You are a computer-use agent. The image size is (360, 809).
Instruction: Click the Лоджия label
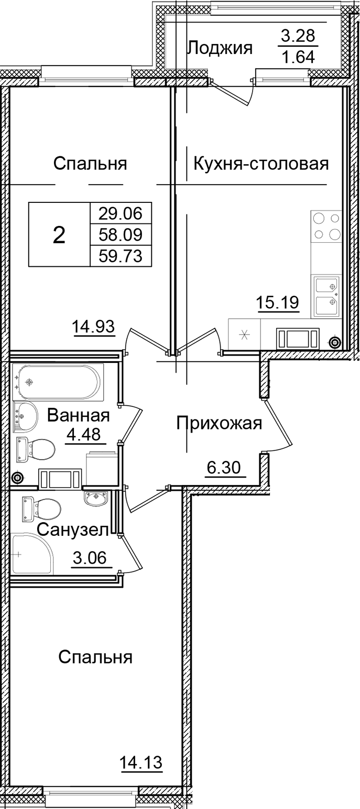click(220, 48)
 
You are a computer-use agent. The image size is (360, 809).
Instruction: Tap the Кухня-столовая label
click(261, 164)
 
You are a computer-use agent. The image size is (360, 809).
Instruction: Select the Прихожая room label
click(219, 422)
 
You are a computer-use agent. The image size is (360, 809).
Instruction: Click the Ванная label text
click(78, 416)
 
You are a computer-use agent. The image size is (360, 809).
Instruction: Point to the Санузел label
click(73, 529)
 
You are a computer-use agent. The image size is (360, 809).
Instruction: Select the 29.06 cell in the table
click(121, 213)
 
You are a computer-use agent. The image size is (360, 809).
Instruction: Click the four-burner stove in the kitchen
click(326, 226)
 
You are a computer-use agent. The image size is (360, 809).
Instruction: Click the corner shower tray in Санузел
click(31, 554)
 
